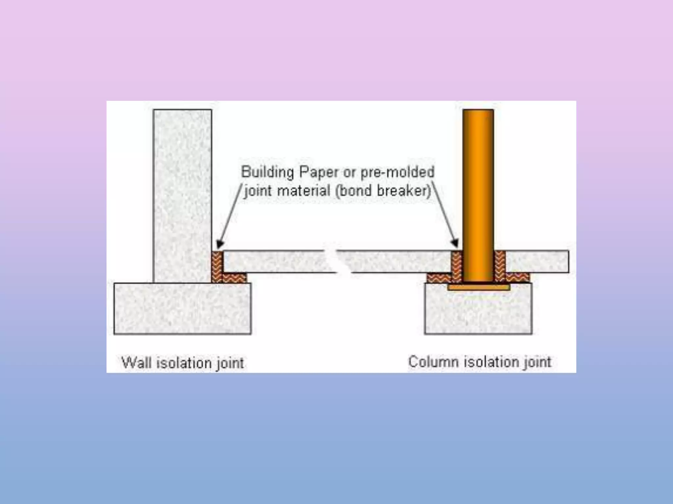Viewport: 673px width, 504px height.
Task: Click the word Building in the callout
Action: [x=267, y=172]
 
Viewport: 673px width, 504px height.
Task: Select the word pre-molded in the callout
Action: [x=398, y=172]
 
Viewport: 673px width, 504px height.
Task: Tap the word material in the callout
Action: [x=304, y=191]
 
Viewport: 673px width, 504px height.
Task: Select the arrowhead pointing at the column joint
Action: [x=455, y=243]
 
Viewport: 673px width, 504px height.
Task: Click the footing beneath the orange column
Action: [x=478, y=312]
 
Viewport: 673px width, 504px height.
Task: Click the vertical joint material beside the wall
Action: [x=217, y=266]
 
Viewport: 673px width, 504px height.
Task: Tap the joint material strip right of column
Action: [x=500, y=266]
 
